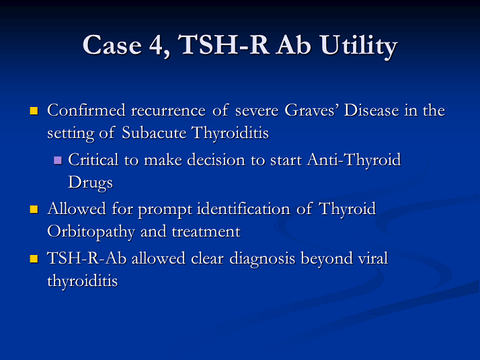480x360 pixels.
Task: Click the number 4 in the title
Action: click(156, 45)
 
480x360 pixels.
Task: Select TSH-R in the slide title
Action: click(223, 44)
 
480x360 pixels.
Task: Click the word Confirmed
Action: click(86, 110)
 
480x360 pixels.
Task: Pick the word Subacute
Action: click(154, 133)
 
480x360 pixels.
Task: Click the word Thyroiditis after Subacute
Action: click(230, 133)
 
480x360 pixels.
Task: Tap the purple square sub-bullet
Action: click(58, 160)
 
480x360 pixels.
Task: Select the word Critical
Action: click(93, 159)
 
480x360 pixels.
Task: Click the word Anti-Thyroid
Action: click(354, 160)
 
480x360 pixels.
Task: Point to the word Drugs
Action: click(90, 183)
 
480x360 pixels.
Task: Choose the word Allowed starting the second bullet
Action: click(77, 209)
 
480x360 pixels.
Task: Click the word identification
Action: click(243, 209)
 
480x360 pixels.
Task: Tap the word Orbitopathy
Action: click(91, 232)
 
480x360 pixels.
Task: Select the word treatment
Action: click(206, 231)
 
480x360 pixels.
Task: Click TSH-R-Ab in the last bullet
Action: click(87, 258)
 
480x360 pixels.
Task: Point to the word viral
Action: click(373, 258)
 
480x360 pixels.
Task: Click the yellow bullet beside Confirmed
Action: click(34, 110)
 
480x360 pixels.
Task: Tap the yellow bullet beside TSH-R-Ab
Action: click(34, 258)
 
